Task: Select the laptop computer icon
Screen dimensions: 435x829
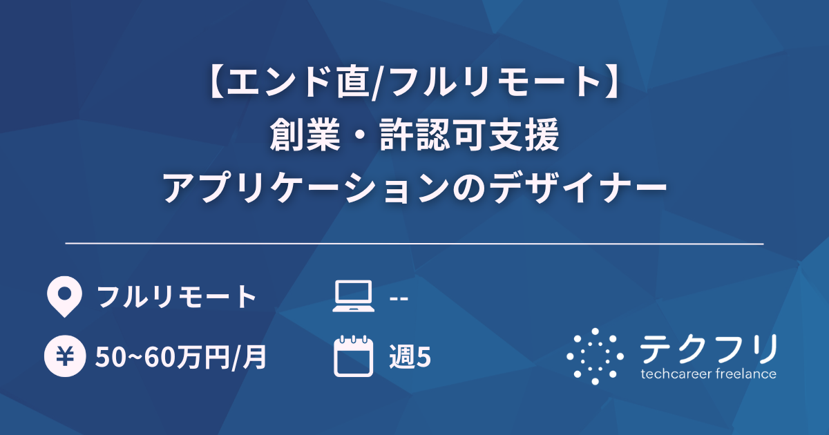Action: coord(353,297)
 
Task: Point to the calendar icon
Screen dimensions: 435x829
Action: coord(353,356)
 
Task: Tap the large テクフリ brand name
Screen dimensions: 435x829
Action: coord(708,349)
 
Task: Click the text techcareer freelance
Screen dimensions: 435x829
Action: coord(708,375)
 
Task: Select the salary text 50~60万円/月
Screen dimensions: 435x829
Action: coord(182,357)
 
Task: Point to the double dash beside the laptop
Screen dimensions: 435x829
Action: coord(399,298)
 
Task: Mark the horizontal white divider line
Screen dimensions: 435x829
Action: coord(414,244)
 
